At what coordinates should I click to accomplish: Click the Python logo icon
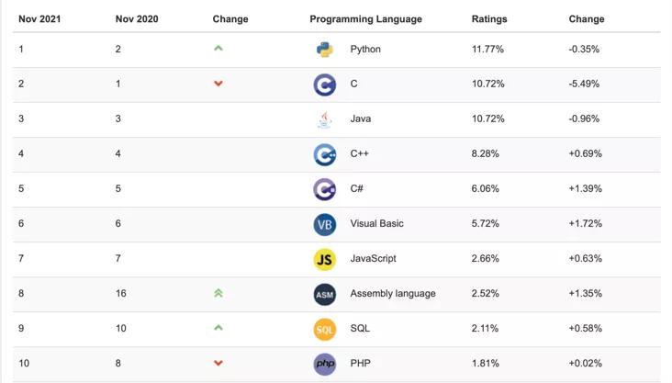324,50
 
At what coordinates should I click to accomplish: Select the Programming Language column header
365,18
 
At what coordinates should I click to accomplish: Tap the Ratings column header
488,18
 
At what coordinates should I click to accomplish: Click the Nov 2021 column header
39,18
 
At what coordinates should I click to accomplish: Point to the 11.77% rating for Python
487,50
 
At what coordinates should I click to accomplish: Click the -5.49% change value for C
584,84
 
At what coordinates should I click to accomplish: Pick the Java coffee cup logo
324,119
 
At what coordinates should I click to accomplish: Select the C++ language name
359,154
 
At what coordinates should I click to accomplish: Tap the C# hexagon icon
324,189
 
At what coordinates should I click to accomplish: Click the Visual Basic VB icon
324,224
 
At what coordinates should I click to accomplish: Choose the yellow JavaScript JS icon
324,259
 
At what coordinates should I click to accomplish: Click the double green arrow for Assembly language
218,293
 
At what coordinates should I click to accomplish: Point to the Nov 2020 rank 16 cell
121,294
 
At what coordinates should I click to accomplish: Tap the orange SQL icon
324,329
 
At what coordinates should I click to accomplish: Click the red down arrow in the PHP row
218,364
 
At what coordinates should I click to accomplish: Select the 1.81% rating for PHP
486,364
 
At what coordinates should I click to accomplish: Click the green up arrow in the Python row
218,49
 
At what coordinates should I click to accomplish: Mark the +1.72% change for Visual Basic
585,224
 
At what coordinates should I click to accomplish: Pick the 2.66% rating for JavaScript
487,259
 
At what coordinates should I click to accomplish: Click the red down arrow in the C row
218,84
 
